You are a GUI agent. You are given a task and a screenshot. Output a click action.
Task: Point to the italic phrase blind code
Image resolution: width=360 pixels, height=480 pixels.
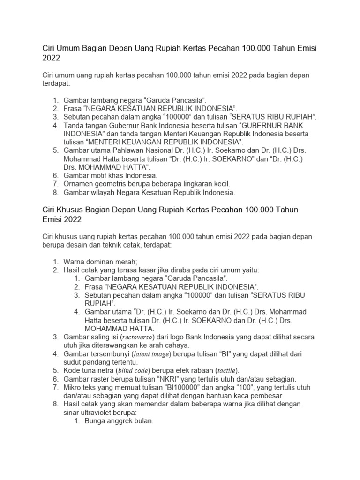pyautogui.click(x=134, y=370)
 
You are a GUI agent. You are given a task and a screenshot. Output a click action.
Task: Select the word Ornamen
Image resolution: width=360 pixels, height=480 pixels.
pyautogui.click(x=78, y=183)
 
